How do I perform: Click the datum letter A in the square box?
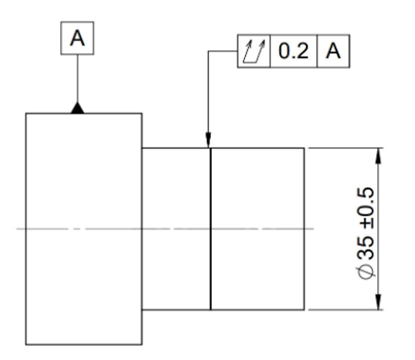tap(77, 38)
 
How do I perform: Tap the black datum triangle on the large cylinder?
tap(77, 108)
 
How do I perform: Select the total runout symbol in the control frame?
tap(253, 51)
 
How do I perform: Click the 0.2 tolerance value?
tap(294, 51)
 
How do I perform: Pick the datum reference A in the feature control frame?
tap(333, 51)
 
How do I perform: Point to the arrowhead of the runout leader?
tap(209, 140)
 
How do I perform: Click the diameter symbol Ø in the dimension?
tap(366, 273)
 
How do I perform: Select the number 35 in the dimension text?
tap(366, 247)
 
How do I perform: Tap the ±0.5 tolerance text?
tap(366, 208)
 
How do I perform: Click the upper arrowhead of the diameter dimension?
tap(379, 156)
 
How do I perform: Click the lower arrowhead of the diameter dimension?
tap(379, 301)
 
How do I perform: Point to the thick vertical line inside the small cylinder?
tap(211, 229)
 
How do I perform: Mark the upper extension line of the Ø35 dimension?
tap(346, 148)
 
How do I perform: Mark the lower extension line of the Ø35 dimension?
tap(346, 310)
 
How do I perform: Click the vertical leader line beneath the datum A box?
tap(77, 78)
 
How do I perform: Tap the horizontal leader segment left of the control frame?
tap(223, 51)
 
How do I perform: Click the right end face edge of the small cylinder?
tap(304, 229)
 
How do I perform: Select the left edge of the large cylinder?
tap(26, 229)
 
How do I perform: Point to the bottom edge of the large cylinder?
tap(84, 345)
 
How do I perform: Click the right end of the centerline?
tap(314, 229)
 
